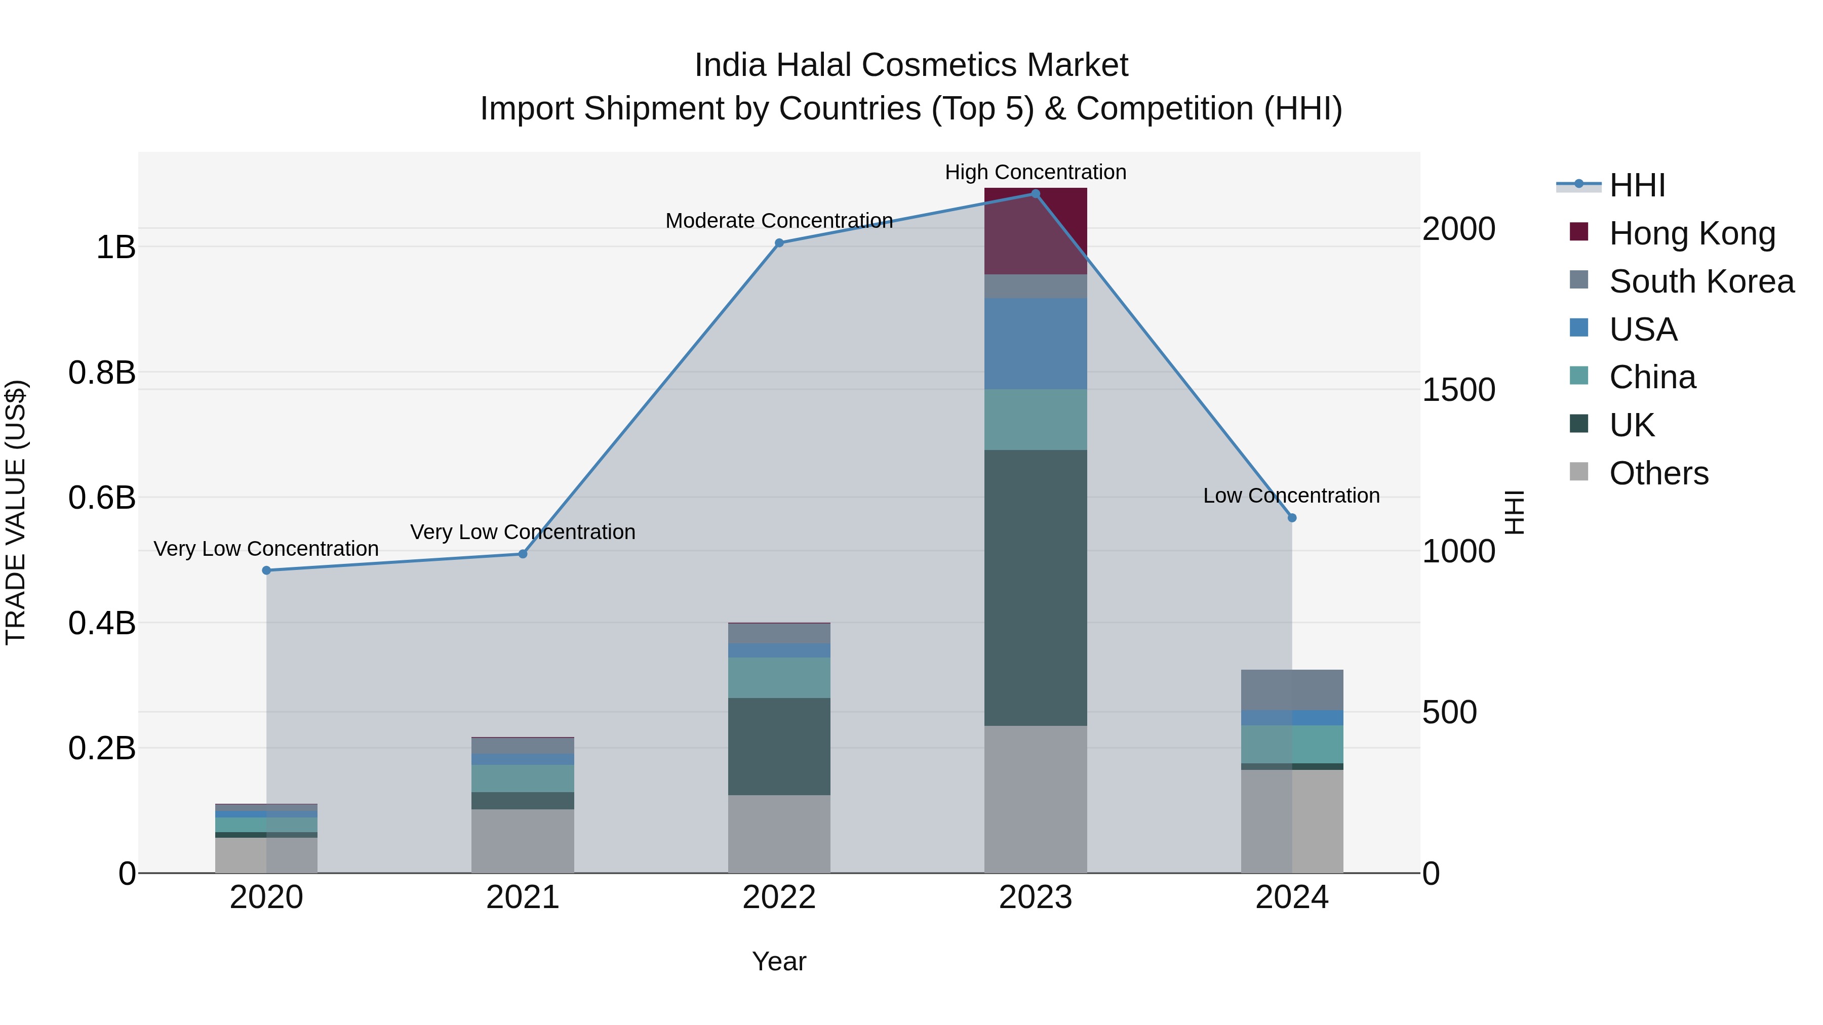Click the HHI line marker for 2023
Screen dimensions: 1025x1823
(1036, 194)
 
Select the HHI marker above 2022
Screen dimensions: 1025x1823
(779, 242)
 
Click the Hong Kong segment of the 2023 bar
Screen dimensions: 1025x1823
(1036, 231)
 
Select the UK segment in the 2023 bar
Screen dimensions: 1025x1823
(1036, 587)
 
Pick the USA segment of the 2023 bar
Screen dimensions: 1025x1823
(1036, 343)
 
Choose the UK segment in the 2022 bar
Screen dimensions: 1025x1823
(779, 746)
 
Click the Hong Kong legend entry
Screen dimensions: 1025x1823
(1691, 233)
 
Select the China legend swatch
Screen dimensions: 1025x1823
(1579, 376)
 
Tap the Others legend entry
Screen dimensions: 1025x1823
(1658, 473)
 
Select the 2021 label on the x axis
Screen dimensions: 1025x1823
(523, 897)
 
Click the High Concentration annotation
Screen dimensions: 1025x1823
(1036, 172)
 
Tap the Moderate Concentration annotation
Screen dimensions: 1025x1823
(779, 221)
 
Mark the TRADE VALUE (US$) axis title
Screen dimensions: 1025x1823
(16, 512)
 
